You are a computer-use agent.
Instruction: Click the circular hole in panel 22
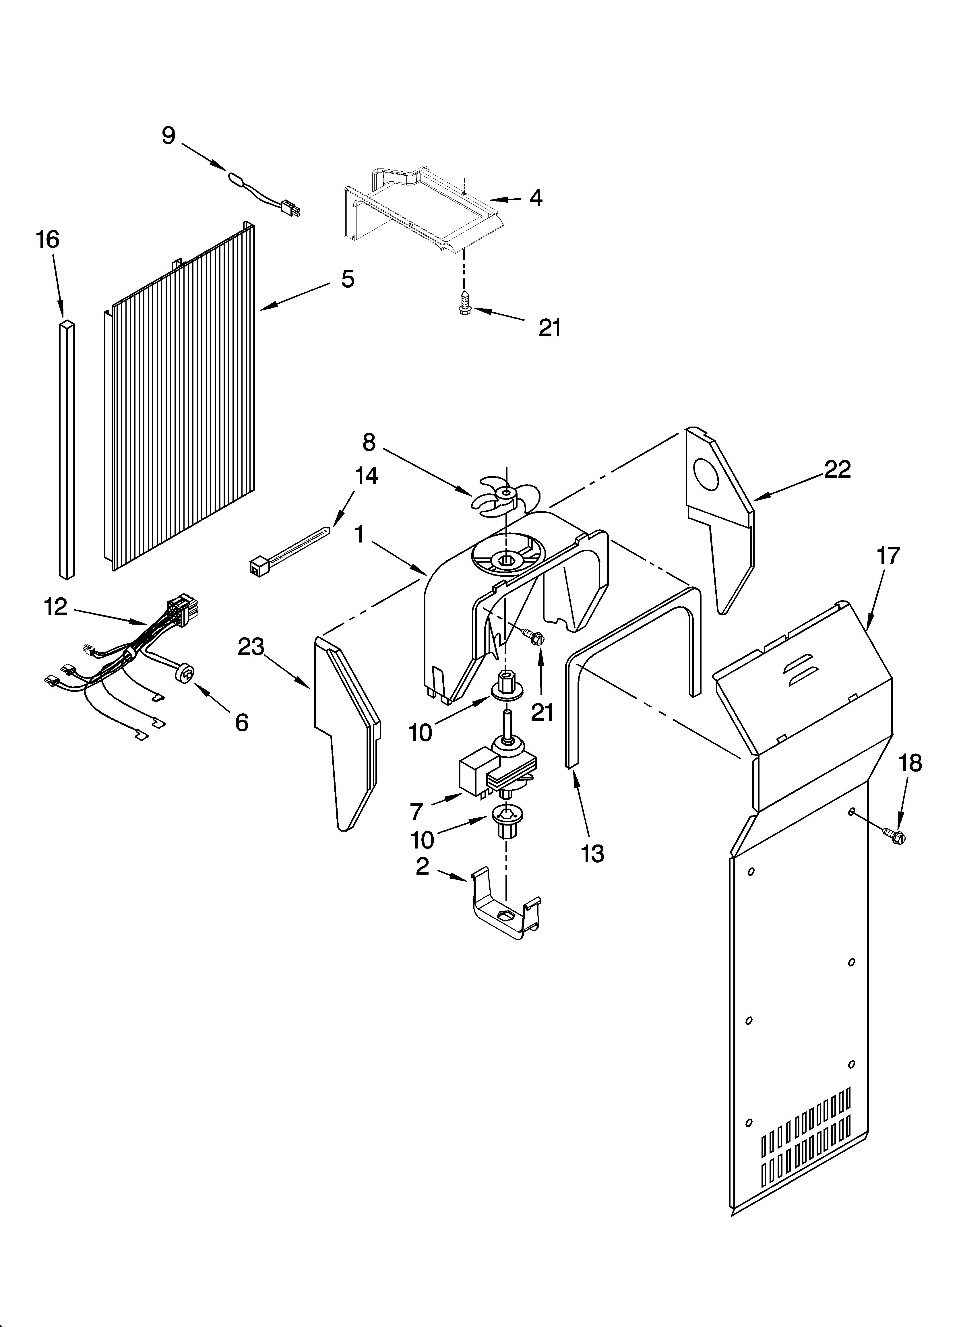click(706, 474)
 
